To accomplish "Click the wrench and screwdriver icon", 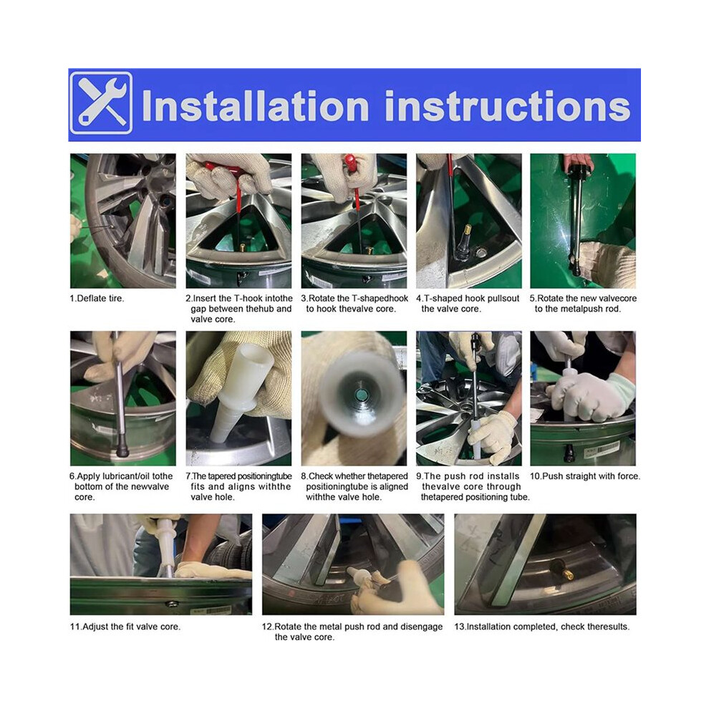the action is point(101,104).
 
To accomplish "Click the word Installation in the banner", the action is point(256,107).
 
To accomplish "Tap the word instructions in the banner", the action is point(507,107).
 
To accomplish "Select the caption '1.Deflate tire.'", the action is point(96,299).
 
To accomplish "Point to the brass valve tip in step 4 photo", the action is point(469,228).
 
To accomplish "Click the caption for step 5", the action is point(583,304).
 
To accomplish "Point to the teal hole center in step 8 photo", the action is point(361,395).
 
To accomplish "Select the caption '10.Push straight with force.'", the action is point(585,476).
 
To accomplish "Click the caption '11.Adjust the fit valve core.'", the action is point(125,627).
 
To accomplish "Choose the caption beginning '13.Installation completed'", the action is point(541,627).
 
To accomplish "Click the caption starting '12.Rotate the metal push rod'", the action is point(352,632).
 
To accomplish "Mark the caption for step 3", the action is point(354,304).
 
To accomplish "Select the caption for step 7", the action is point(238,486).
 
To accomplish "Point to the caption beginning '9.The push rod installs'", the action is point(473,486).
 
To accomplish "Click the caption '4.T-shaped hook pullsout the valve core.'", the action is point(468,304).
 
